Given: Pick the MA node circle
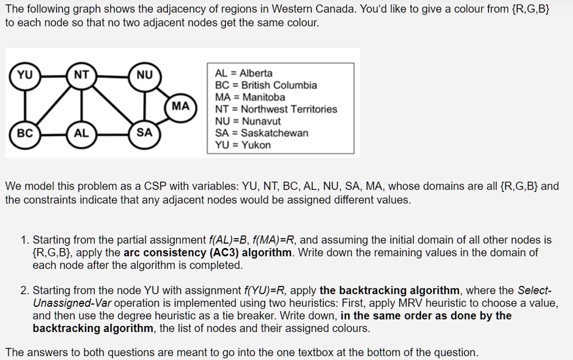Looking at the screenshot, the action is click(181, 105).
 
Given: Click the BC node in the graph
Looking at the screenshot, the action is click(25, 133).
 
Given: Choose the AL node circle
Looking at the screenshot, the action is click(82, 133).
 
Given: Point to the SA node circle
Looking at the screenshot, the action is click(144, 133).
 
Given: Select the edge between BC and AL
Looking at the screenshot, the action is click(53, 133).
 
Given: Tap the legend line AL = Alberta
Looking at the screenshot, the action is click(244, 73).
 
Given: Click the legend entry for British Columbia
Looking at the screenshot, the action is click(266, 85).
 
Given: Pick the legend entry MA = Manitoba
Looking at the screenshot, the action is click(250, 97).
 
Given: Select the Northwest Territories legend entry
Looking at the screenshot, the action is click(276, 109).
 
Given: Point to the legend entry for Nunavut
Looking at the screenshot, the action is click(248, 121).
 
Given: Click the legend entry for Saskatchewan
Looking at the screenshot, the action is click(261, 133).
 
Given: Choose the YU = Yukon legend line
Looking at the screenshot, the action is click(243, 145).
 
